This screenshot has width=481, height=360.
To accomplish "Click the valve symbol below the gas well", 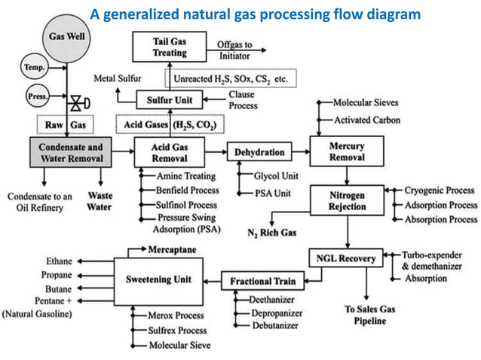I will click(75, 102).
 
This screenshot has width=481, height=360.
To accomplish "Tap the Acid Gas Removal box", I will click(170, 152).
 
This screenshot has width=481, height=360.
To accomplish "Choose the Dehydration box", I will click(259, 153).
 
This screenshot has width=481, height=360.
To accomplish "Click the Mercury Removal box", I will click(347, 152).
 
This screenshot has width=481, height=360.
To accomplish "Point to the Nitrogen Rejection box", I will click(347, 201).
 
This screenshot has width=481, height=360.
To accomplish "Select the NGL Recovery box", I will click(346, 258).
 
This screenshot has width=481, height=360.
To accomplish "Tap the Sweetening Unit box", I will click(157, 279).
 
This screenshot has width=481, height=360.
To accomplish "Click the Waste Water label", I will click(100, 201).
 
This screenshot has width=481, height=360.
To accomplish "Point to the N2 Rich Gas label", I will click(272, 233).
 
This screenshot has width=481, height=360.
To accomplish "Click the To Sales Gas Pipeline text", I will click(366, 315).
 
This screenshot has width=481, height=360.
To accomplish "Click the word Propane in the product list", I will click(57, 275).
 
